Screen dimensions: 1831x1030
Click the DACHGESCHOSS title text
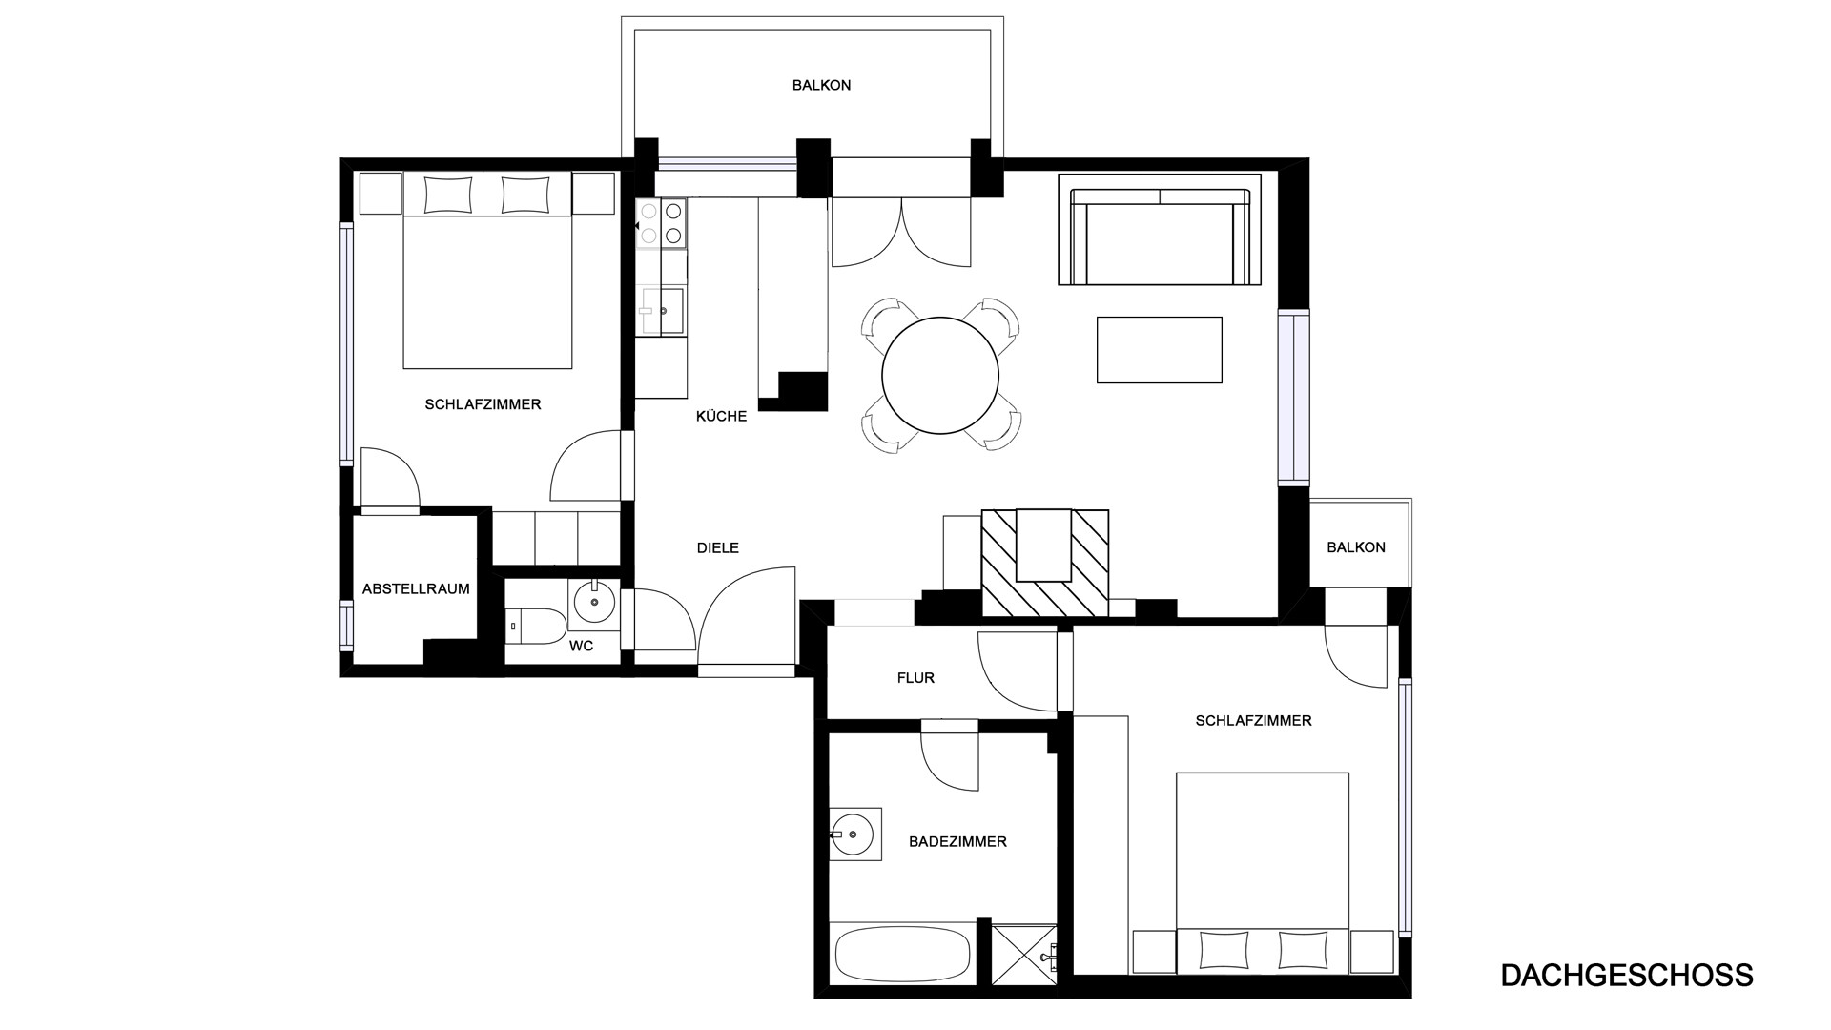(x=1627, y=976)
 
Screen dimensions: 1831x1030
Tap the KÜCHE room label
(x=722, y=417)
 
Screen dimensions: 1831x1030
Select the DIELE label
(x=718, y=548)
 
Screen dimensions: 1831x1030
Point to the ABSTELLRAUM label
(x=416, y=589)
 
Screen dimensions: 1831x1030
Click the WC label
(x=582, y=647)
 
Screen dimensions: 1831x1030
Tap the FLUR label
(x=915, y=678)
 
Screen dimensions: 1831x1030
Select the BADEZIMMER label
(x=957, y=842)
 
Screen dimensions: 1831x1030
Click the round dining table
(x=940, y=376)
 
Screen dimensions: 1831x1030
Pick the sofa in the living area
(x=1160, y=237)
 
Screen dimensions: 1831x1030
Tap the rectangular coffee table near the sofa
(x=1160, y=350)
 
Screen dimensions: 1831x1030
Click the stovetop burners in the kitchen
(x=662, y=223)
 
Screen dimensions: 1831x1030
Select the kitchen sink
(x=662, y=312)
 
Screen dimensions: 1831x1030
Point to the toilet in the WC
(x=536, y=626)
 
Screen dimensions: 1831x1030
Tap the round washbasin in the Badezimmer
(x=853, y=834)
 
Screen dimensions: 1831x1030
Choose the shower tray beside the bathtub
(x=1025, y=954)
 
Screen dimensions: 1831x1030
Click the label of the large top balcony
(x=821, y=86)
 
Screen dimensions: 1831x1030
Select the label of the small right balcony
(x=1356, y=547)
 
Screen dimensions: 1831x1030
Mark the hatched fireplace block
(x=1045, y=564)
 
